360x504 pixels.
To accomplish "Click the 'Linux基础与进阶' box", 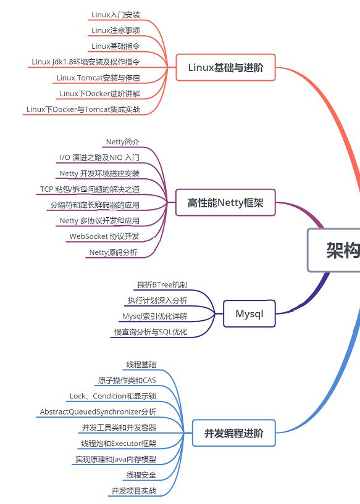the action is (225, 67).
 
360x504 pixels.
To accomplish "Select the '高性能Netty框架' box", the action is (225, 202).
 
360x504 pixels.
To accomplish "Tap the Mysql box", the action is (249, 314).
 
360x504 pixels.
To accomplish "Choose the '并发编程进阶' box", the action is (234, 433).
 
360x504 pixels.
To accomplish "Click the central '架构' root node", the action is (334, 250).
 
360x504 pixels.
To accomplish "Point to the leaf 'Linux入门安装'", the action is (115, 15).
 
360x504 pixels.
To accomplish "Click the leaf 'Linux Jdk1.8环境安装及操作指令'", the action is (86, 62).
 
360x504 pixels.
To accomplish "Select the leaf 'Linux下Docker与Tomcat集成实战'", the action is (83, 109).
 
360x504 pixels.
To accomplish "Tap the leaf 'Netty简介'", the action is (123, 142).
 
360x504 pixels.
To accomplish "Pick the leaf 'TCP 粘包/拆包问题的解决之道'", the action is (90, 189).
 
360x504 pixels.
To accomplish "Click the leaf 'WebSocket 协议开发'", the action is (104, 236).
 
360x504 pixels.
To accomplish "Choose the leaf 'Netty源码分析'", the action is (113, 252).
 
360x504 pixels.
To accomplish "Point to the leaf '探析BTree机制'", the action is (162, 285).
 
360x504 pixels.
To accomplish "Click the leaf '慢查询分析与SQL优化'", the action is (151, 332).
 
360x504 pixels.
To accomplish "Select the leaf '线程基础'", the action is (141, 365).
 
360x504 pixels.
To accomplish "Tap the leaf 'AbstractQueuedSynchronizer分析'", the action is (98, 411).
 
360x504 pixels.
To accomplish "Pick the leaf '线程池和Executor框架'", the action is (119, 444).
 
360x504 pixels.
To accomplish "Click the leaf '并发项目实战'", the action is (134, 491).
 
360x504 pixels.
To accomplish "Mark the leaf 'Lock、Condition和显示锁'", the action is (113, 396).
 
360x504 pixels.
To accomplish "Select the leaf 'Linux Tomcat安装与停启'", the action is (98, 78).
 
